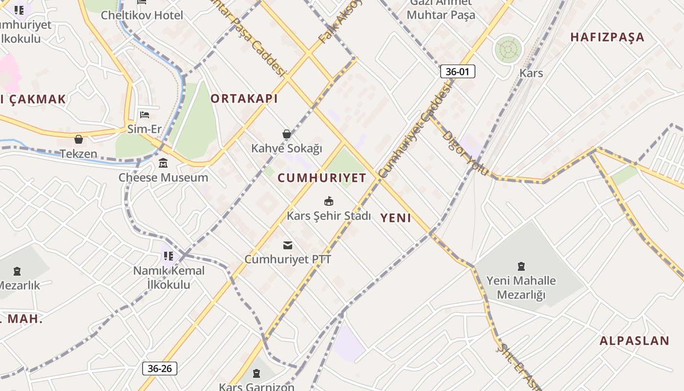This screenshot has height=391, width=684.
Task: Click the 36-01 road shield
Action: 457,72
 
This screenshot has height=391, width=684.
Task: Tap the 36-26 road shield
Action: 160,369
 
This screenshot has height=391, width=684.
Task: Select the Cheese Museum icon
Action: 163,163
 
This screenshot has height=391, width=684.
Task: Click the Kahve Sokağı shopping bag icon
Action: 287,134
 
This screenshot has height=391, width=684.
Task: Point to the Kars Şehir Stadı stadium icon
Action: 329,201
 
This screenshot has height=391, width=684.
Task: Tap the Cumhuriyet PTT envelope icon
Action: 288,245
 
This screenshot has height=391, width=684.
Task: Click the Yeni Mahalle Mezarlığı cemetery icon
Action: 521,266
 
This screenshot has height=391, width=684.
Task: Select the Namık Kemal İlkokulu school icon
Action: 169,256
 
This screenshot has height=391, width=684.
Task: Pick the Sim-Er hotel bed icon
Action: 145,115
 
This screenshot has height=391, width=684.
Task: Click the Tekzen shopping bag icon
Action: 79,139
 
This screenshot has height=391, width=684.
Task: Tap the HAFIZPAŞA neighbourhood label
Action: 607,37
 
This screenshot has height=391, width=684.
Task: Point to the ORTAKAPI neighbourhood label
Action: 244,99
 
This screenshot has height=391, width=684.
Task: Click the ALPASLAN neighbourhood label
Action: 634,341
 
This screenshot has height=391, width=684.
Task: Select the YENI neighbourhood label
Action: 396,218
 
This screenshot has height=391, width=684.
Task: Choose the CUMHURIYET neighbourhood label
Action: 322,178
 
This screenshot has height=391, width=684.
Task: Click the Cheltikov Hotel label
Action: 142,15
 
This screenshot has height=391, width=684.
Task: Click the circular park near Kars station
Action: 508,49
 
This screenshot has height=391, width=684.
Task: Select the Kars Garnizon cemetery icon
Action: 256,374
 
